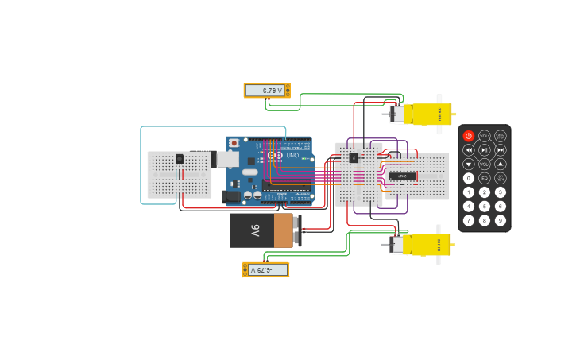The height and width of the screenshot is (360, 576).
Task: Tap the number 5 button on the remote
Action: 485,207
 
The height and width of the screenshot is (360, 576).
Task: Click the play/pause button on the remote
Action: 485,149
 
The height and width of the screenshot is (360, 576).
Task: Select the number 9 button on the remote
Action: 501,220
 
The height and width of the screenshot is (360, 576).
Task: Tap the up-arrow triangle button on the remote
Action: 501,164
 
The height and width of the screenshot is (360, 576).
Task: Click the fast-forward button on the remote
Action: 501,149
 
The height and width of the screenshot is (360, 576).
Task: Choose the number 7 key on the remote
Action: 469,220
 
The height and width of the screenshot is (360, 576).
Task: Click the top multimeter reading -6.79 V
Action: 265,91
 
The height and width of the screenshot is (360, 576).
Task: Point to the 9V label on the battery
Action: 255,230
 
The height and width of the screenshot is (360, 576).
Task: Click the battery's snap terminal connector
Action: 297,230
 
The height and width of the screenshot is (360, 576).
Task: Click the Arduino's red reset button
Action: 234,143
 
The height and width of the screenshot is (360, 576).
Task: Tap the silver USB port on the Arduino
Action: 227,159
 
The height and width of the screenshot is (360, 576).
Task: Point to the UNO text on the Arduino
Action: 292,156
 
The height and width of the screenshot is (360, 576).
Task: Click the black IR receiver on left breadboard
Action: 180,159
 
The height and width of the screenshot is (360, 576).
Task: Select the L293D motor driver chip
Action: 401,176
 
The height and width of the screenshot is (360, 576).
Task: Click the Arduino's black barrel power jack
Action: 231,195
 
